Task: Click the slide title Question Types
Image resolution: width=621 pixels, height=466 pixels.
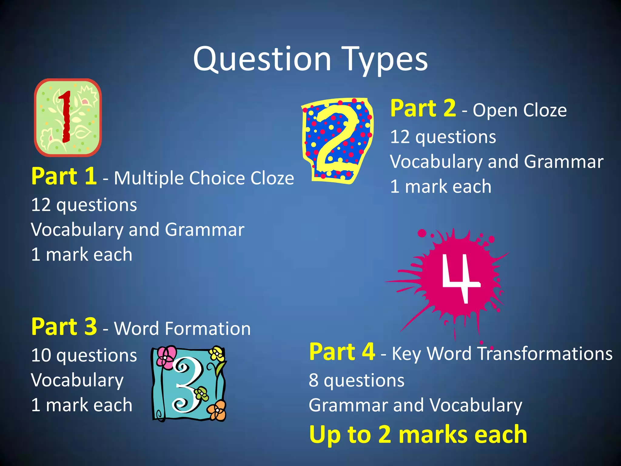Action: pos(310,59)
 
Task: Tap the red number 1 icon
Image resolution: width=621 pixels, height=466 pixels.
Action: pos(65,117)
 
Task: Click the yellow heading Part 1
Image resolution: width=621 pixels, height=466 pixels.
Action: pos(64,176)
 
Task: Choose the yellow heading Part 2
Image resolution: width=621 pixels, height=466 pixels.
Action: pos(423,108)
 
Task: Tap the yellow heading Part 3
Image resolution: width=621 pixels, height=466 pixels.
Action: pos(64,327)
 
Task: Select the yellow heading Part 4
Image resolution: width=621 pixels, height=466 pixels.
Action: pos(342,352)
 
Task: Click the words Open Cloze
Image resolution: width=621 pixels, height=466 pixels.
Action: pos(519,110)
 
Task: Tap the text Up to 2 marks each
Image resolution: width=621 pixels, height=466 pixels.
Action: pos(418,434)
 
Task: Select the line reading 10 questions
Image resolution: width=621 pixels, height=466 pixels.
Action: pos(84,356)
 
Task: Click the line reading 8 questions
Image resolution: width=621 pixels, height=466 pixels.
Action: pos(356,380)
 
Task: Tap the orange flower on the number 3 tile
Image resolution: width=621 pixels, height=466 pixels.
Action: pos(217,410)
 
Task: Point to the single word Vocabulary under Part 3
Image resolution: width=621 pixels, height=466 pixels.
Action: pos(77,380)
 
